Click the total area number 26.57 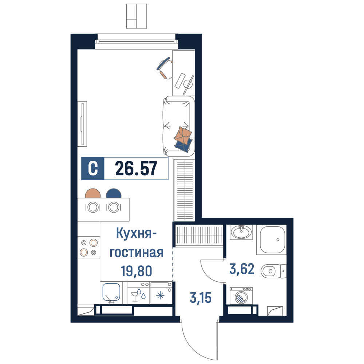pos(136,169)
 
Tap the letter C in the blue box pos(93,169)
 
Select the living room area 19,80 pos(136,271)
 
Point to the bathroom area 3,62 pos(242,269)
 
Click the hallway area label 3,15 pos(200,298)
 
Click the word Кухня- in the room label pos(136,233)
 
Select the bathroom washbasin pos(241,232)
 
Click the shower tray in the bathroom pos(272,240)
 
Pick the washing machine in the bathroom pos(241,296)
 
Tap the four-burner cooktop pos(89,248)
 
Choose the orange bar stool pos(93,193)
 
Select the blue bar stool pos(114,193)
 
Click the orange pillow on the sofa pos(183,135)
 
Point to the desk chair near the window pos(165,68)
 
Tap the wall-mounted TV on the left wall pos(82,124)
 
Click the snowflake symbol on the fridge pos(160,296)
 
